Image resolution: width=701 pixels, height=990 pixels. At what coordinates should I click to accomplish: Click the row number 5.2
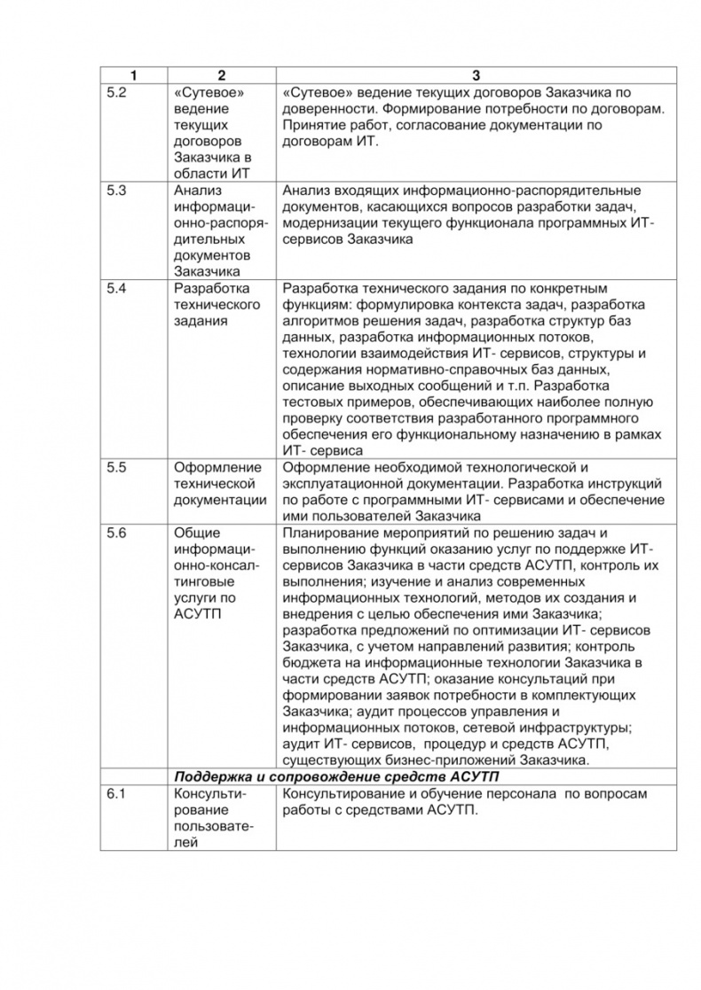[117, 92]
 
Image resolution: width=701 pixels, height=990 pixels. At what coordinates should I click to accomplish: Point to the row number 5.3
[117, 191]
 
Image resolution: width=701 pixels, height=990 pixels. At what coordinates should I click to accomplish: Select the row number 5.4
[117, 288]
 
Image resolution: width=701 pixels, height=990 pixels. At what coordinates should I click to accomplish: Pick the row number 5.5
[117, 467]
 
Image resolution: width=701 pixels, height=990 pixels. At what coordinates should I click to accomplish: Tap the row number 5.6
[117, 533]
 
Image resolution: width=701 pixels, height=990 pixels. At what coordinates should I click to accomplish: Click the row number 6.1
[117, 793]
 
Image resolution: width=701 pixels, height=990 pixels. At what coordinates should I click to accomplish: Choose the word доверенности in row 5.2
[326, 108]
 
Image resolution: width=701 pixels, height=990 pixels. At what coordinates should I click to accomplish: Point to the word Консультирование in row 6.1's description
[342, 793]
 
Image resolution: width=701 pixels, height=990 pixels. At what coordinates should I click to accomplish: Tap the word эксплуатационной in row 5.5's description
[343, 484]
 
